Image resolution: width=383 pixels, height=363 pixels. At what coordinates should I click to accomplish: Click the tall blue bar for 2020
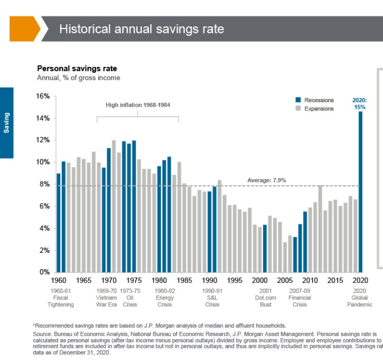360,192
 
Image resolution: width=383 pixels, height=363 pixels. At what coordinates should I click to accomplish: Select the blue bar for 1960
59,222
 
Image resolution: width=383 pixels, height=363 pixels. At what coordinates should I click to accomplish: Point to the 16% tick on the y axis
42,96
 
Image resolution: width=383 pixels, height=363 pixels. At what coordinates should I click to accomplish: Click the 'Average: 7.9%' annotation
267,180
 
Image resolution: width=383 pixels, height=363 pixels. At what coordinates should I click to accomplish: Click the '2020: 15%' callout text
359,104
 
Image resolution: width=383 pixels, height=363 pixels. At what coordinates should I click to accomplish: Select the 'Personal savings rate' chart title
77,69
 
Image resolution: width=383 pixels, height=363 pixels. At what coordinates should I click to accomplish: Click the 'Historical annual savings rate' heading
142,28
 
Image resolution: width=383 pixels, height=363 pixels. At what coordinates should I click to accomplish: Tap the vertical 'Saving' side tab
7,123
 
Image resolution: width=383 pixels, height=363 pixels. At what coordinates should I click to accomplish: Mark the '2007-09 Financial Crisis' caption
300,298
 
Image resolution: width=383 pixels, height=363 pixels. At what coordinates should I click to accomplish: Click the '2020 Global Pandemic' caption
360,298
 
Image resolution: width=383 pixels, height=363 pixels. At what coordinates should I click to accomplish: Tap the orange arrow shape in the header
24,28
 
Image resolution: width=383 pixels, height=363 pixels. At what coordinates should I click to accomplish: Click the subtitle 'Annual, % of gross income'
78,78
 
